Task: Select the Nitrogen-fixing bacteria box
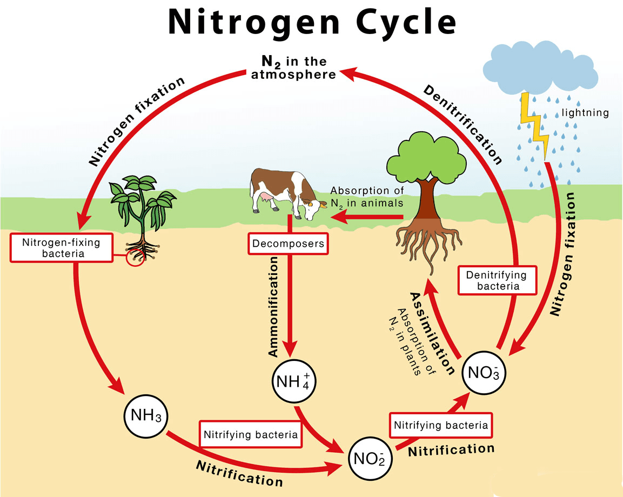(x=61, y=247)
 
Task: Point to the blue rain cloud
(x=540, y=68)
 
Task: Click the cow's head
(x=311, y=207)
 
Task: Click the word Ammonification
(x=274, y=306)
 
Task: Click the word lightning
(x=585, y=113)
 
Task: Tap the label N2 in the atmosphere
(x=294, y=68)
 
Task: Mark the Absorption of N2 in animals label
(x=367, y=197)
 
